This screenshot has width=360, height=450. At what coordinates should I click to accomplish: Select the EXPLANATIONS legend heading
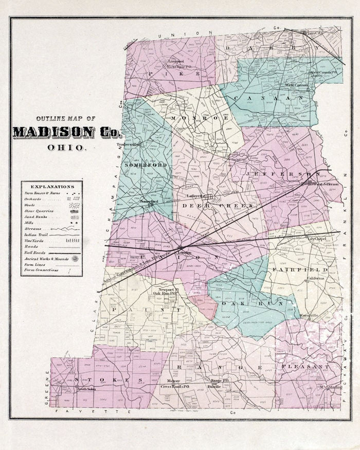tap(52, 186)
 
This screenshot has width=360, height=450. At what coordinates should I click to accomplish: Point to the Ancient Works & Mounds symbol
tap(76, 258)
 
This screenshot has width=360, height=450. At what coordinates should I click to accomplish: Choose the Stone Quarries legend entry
tap(40, 211)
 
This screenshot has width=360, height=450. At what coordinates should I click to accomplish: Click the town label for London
tap(184, 253)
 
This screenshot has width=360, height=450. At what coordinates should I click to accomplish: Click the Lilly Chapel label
tap(317, 239)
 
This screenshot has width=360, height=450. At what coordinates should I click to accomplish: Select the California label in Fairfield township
tap(316, 278)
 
